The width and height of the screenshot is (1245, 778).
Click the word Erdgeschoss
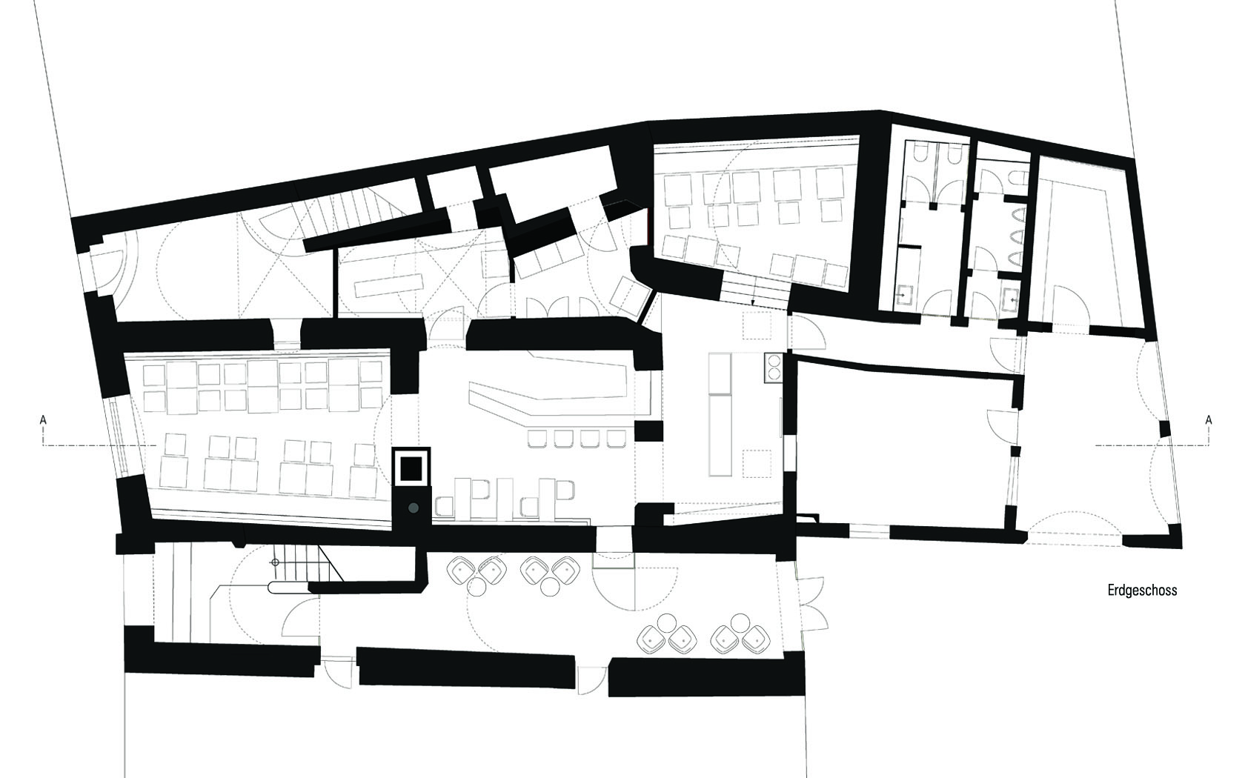pyautogui.click(x=1142, y=590)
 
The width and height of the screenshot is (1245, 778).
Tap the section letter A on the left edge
pyautogui.click(x=43, y=420)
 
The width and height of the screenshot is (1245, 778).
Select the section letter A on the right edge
pyautogui.click(x=1208, y=420)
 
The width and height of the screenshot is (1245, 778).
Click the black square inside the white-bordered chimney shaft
pyautogui.click(x=411, y=468)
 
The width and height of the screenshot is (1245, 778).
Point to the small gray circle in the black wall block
pyautogui.click(x=414, y=508)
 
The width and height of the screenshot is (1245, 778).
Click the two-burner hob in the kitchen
pyautogui.click(x=773, y=368)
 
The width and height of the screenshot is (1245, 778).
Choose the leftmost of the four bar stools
pyautogui.click(x=537, y=439)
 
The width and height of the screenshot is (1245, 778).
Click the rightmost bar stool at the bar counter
pyautogui.click(x=617, y=439)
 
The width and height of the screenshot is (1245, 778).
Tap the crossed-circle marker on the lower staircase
pyautogui.click(x=274, y=562)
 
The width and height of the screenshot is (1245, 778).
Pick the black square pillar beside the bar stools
pyautogui.click(x=648, y=431)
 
